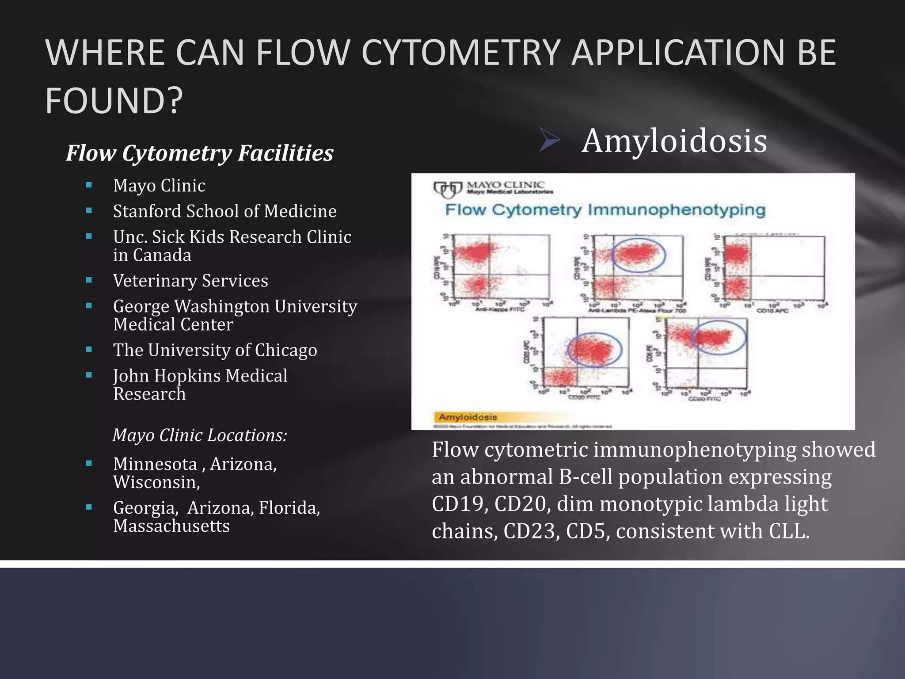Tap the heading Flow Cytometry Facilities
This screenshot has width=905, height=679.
pos(199,153)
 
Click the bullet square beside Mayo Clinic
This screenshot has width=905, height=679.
pos(89,185)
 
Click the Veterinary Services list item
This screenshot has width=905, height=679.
pos(190,281)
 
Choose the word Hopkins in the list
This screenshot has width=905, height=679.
pos(187,376)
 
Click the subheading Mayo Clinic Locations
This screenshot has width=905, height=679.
pos(200,435)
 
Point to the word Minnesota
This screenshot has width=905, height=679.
pos(155,464)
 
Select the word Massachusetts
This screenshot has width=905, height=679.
pos(171,526)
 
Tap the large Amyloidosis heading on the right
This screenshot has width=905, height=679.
pos(674,141)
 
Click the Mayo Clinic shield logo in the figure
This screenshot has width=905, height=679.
pos(447,190)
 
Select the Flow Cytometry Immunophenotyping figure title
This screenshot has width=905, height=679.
pos(605,210)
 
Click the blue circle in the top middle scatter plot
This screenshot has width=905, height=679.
pos(638,255)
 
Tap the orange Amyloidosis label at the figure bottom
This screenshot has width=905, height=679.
pos(468,417)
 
